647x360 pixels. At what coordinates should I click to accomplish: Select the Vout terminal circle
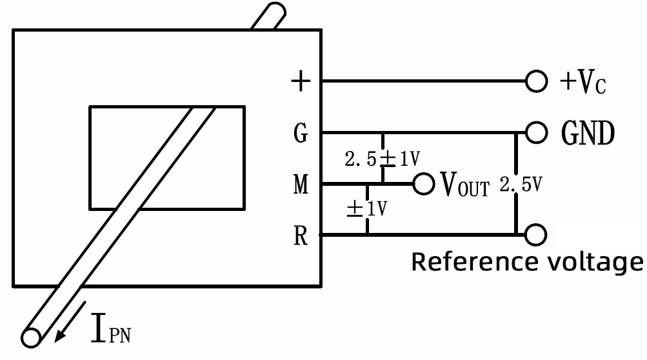(x=423, y=185)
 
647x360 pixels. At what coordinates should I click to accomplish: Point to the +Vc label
(x=582, y=82)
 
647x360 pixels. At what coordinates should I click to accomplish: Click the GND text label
(x=587, y=134)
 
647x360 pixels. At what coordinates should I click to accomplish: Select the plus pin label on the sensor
(x=301, y=82)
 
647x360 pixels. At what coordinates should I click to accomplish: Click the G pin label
(x=301, y=135)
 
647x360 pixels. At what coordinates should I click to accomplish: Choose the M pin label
(x=301, y=186)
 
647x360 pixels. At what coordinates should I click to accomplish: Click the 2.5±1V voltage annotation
(x=383, y=159)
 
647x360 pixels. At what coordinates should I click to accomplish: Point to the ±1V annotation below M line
(x=366, y=209)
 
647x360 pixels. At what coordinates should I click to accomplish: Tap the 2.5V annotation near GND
(x=519, y=185)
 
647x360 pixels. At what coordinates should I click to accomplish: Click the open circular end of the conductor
(x=30, y=337)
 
